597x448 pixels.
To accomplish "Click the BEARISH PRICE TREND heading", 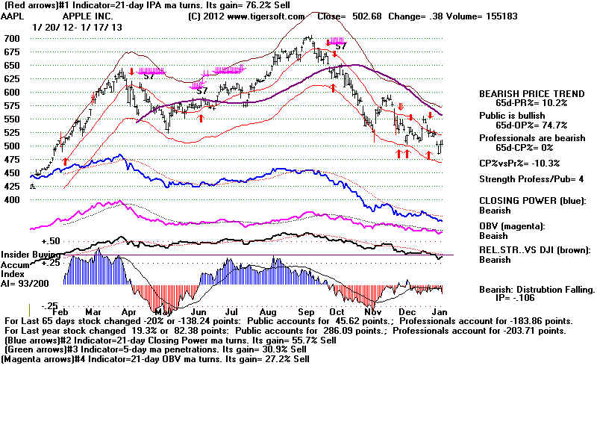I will pyautogui.click(x=531, y=94).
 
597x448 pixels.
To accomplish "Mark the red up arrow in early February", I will pyautogui.click(x=65, y=161).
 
